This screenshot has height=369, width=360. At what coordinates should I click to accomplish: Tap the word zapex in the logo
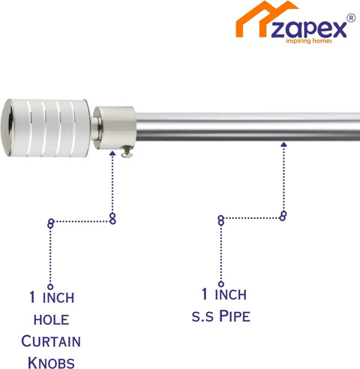tap(309, 29)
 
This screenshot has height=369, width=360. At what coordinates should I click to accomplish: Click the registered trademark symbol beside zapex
tap(351, 18)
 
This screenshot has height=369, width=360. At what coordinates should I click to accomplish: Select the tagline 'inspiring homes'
tap(309, 40)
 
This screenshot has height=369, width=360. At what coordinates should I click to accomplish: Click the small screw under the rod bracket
tap(127, 152)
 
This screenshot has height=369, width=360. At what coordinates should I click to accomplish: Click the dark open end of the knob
tap(10, 128)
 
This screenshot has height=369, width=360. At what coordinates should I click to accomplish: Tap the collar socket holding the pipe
tap(115, 127)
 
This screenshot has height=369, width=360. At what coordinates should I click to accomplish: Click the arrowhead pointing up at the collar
tap(112, 153)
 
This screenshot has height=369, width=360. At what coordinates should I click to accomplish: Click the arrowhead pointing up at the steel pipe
tap(283, 144)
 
